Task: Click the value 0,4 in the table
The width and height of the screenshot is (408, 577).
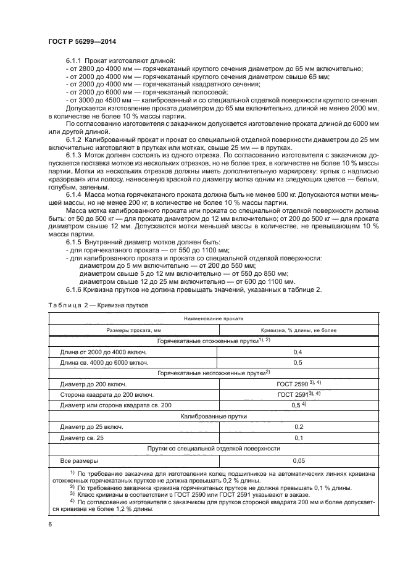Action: (298, 352)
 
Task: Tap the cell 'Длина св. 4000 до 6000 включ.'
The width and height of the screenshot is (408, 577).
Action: (104, 362)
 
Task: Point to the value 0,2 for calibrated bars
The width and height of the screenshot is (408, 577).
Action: (298, 427)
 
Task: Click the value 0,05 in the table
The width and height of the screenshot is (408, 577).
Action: (298, 460)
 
